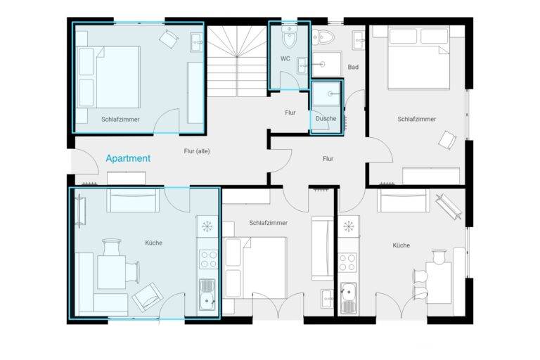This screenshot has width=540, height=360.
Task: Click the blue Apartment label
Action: [128, 158]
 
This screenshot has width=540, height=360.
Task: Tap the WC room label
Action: [285, 59]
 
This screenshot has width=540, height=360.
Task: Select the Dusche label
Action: [326, 119]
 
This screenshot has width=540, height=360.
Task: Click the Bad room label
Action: [353, 67]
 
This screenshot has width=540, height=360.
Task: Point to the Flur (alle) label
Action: [197, 151]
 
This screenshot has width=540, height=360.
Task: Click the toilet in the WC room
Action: [289, 37]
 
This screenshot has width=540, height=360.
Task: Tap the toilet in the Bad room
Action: [323, 36]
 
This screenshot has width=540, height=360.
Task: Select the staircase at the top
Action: [237, 61]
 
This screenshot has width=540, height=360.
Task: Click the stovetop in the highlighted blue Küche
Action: [209, 259]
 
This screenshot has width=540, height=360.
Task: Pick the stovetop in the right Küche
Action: [347, 262]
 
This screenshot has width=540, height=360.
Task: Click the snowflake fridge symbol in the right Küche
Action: [349, 226]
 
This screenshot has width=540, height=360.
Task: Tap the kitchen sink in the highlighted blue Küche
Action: [207, 295]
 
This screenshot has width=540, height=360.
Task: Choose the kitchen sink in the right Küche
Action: [348, 298]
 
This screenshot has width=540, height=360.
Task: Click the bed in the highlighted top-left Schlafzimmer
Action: [108, 77]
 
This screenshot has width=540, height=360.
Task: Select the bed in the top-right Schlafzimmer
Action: [419, 58]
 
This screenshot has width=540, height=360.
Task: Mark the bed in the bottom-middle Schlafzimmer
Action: [255, 268]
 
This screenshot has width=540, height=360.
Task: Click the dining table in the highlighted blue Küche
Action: [111, 272]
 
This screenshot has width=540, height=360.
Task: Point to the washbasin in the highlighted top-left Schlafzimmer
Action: [197, 42]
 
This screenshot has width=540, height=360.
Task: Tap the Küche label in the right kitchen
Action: [401, 245]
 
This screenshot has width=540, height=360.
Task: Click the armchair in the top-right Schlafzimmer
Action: [447, 140]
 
